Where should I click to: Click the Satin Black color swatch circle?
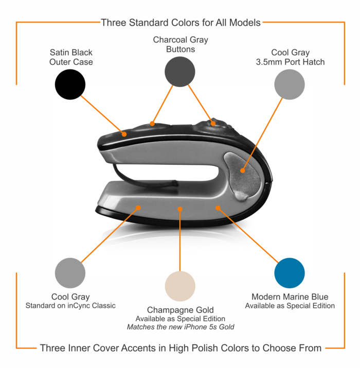click(70, 84)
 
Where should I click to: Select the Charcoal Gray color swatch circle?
click(180, 72)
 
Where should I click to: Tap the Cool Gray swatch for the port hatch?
click(290, 84)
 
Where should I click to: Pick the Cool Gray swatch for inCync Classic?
click(70, 273)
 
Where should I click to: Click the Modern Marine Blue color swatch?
click(290, 273)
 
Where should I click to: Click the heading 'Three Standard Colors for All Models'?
click(180, 22)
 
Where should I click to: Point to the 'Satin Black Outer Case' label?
click(71, 57)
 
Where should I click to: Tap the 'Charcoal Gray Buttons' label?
click(180, 44)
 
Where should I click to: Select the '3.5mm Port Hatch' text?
click(290, 62)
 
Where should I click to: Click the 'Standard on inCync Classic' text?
click(70, 306)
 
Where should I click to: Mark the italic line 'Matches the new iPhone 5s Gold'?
click(180, 327)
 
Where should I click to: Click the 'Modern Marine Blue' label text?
click(290, 297)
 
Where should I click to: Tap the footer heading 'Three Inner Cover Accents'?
click(181, 348)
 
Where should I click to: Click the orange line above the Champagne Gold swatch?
click(180, 242)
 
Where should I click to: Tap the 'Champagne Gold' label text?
click(180, 310)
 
